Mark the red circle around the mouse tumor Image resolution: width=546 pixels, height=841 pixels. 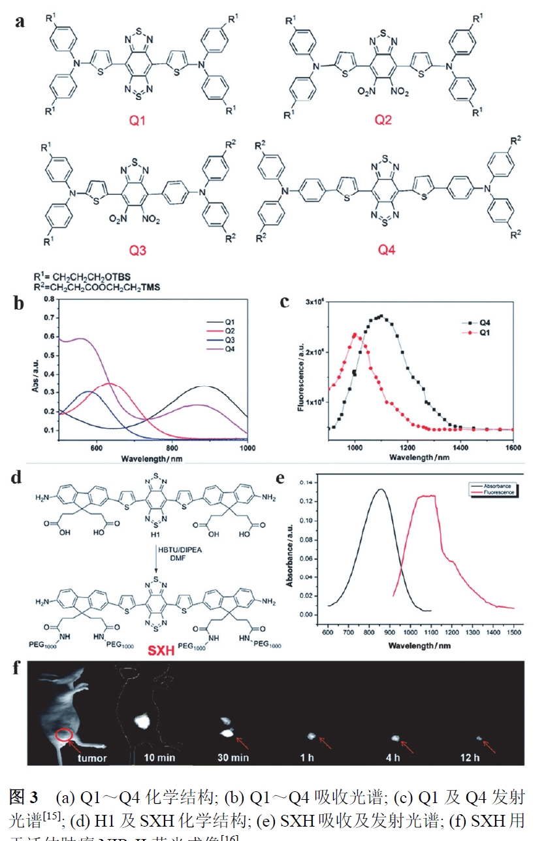pyautogui.click(x=63, y=734)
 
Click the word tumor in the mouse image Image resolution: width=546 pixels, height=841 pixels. pyautogui.click(x=92, y=759)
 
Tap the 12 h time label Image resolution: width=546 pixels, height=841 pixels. pyautogui.click(x=484, y=759)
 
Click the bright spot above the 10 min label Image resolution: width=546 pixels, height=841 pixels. pyautogui.click(x=142, y=721)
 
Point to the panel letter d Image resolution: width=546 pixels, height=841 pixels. pyautogui.click(x=18, y=477)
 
